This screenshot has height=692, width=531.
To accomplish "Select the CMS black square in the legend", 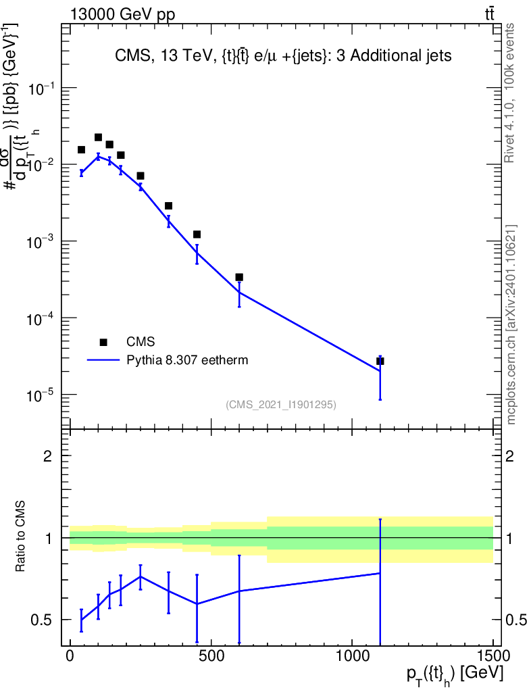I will [x=103, y=342].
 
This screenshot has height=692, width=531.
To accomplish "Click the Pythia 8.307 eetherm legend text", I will [x=187, y=360].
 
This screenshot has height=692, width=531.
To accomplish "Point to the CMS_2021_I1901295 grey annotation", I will [x=280, y=404].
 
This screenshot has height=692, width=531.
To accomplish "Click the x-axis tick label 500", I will [x=211, y=656].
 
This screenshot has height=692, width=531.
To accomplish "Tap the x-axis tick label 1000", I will [x=352, y=656].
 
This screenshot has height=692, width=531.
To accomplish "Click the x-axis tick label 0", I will [x=70, y=656].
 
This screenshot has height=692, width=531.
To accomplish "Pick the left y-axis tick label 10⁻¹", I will [x=42, y=89].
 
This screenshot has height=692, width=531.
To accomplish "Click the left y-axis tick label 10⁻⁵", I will [x=42, y=395].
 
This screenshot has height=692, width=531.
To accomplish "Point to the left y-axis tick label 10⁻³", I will [x=42, y=242].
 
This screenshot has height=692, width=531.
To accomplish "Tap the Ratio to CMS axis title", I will [x=22, y=538].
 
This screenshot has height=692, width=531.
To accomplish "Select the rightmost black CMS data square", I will [x=380, y=361].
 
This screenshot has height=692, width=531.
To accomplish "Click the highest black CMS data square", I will [x=98, y=137].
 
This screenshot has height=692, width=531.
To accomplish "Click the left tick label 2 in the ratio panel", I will [x=48, y=456].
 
